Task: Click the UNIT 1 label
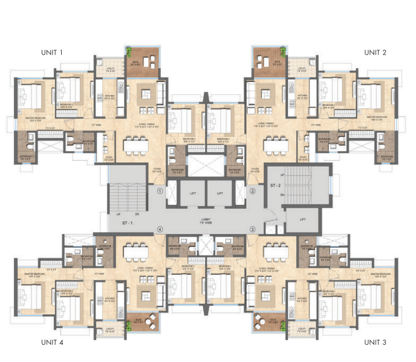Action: [x=52, y=52]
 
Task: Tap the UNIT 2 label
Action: [x=375, y=52]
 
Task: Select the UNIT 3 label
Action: [x=375, y=343]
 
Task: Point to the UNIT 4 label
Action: [x=52, y=343]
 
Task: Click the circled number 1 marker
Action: [x=160, y=191]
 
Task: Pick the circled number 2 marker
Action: [x=253, y=191]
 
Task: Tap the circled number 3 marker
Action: [x=253, y=228]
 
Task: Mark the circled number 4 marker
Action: [x=160, y=228]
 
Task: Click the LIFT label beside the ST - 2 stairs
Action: [x=303, y=219]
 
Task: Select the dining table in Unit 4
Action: [x=136, y=251]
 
